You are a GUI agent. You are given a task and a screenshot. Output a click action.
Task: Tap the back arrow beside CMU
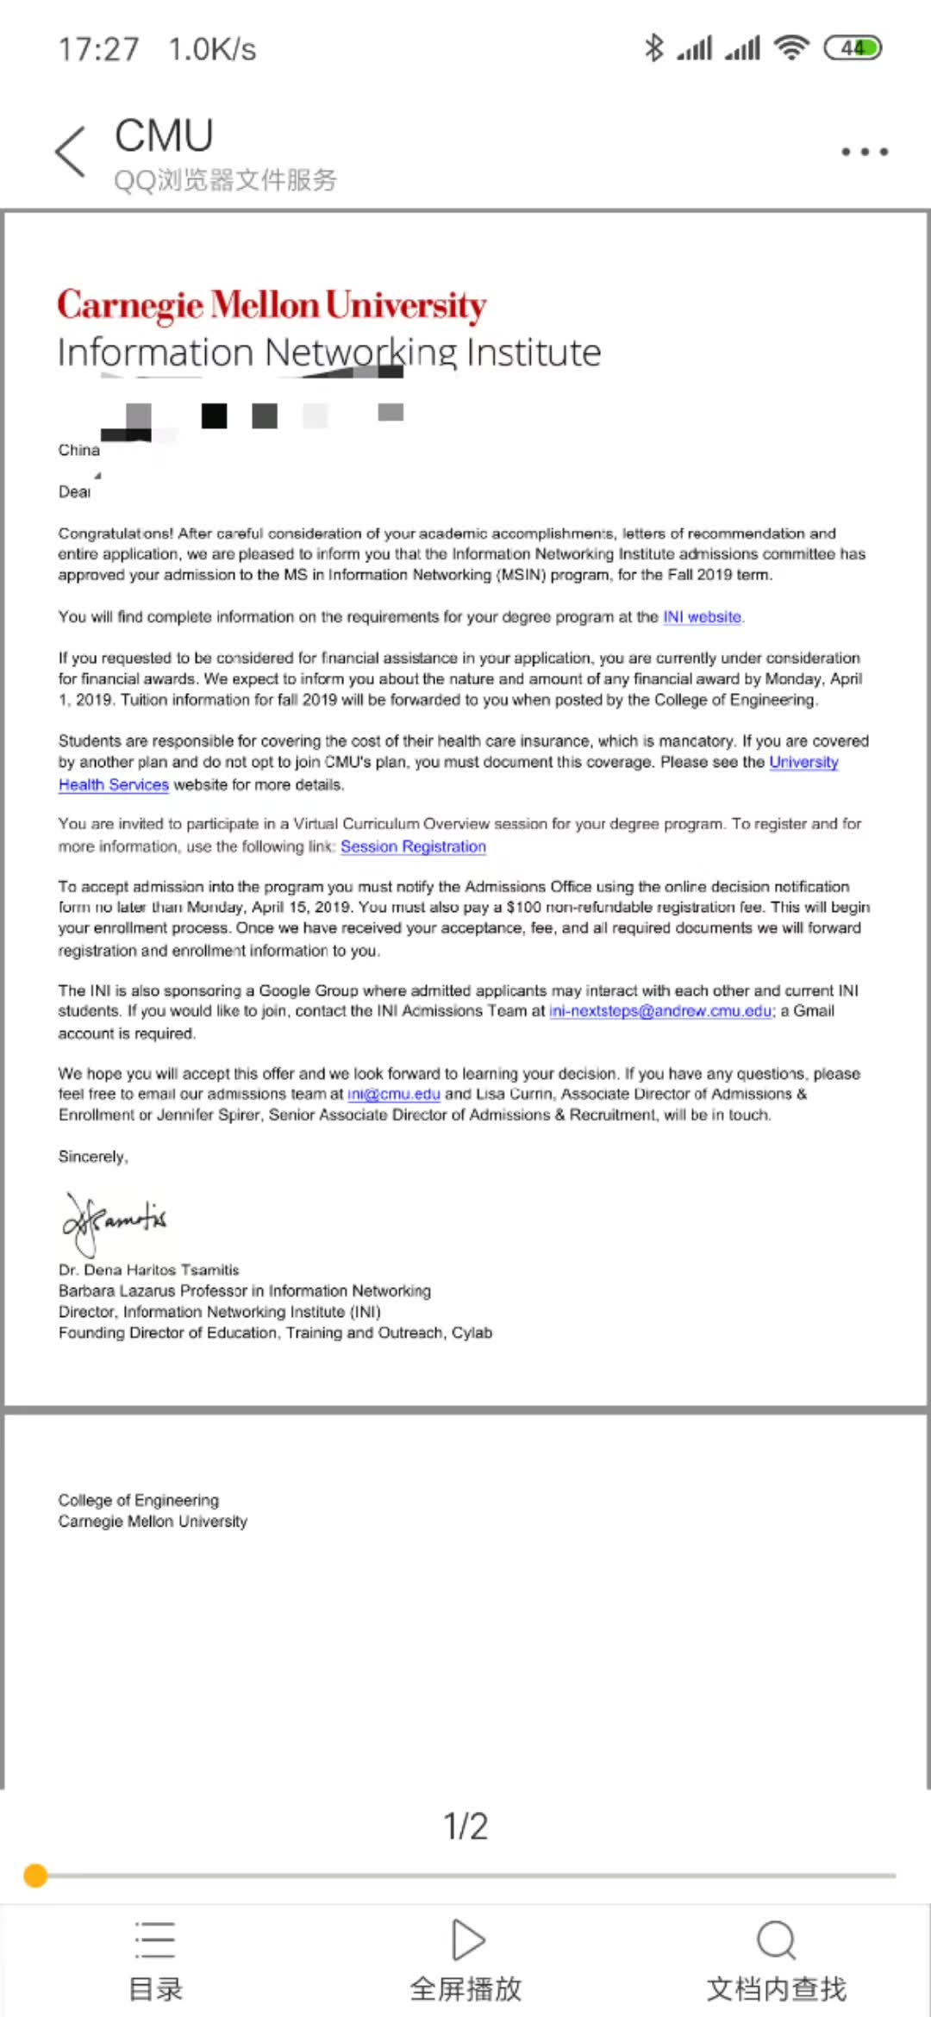click(71, 152)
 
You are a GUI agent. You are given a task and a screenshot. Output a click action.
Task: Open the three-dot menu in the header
click(865, 152)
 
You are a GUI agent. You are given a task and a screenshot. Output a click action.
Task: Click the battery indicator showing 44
click(853, 48)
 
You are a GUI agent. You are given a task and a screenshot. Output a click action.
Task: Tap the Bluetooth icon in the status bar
click(654, 48)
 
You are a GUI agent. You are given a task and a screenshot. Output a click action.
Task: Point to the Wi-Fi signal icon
click(791, 48)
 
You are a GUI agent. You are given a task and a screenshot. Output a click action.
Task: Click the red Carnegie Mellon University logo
click(272, 306)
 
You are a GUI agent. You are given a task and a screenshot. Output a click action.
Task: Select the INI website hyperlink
click(702, 617)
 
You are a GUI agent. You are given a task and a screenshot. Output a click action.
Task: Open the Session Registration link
click(413, 846)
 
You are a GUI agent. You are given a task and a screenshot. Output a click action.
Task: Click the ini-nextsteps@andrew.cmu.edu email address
click(660, 1011)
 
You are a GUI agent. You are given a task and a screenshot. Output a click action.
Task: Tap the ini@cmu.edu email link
click(394, 1094)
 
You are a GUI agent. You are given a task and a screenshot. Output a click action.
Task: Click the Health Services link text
click(113, 784)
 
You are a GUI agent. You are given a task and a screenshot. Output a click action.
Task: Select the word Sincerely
click(92, 1157)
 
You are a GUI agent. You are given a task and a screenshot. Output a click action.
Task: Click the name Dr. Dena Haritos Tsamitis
click(148, 1270)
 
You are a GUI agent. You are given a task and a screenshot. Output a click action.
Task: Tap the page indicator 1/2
click(465, 1826)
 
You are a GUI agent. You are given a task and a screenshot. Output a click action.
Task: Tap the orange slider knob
click(35, 1876)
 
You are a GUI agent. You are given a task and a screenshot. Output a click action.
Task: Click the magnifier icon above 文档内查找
click(776, 1940)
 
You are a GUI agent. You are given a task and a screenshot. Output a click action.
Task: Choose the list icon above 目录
click(155, 1940)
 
